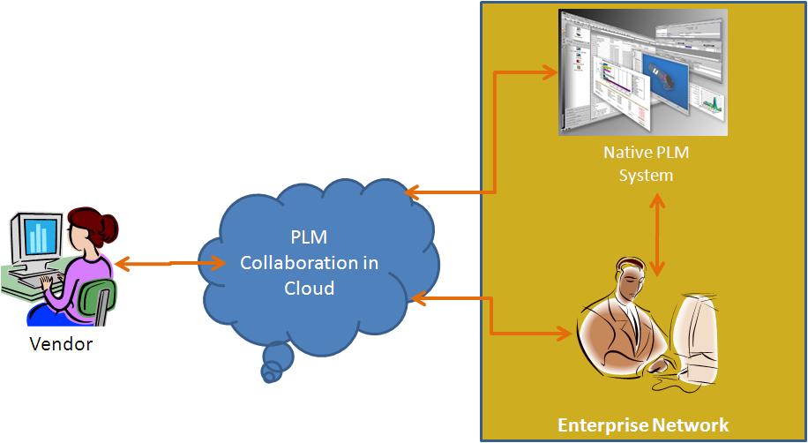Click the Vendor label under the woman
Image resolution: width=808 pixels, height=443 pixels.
click(61, 344)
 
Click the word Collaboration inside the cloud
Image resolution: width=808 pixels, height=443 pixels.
click(310, 263)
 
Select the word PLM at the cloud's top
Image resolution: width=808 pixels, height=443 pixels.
click(309, 238)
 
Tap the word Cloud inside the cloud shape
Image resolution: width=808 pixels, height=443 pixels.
click(309, 288)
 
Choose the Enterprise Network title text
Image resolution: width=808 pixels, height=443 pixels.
click(643, 425)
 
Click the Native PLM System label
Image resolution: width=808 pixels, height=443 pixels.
click(646, 163)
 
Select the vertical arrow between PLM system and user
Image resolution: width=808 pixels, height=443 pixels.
click(655, 233)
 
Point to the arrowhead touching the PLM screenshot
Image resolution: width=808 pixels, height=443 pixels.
click(552, 70)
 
